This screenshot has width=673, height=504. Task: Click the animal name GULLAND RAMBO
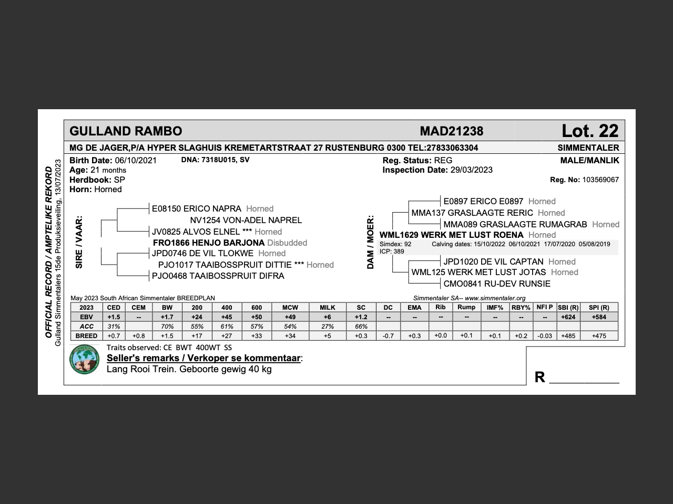[x=126, y=131]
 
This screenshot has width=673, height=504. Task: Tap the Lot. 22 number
[x=590, y=131]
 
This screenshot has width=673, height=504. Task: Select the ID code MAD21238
[x=451, y=131]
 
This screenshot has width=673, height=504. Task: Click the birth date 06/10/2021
[x=136, y=161]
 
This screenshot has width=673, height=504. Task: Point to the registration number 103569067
[x=600, y=180]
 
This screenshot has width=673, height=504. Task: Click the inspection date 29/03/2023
[x=471, y=170]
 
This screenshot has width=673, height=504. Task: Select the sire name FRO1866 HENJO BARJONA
[x=208, y=243]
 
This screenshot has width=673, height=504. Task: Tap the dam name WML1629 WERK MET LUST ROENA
[x=451, y=235]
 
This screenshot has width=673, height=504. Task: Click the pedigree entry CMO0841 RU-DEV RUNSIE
[x=496, y=284]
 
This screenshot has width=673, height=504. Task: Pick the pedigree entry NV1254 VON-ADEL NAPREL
[x=246, y=220]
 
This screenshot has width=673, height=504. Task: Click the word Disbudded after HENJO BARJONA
[x=287, y=243]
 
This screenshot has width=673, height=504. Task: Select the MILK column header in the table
[x=327, y=308]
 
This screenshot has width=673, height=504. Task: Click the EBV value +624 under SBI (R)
[x=568, y=317]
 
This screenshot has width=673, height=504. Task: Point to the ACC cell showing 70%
[x=167, y=327]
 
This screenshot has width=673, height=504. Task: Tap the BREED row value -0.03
[x=545, y=336]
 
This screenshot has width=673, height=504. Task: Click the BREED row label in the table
[x=86, y=336]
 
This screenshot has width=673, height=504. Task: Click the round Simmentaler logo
[x=85, y=359]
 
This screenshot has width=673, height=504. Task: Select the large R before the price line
[x=539, y=377]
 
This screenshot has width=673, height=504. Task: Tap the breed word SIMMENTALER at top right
[x=588, y=148]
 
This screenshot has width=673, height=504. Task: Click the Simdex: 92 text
[x=395, y=244]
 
